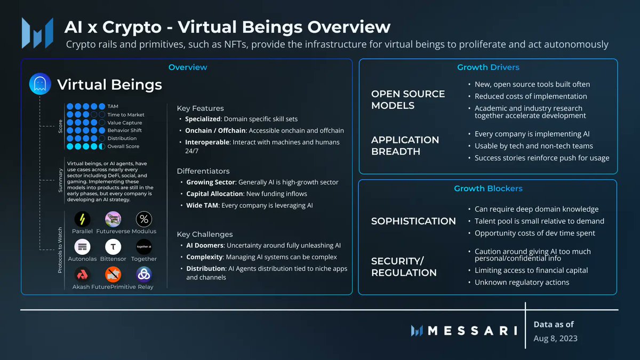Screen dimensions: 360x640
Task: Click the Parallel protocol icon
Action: pyautogui.click(x=82, y=219)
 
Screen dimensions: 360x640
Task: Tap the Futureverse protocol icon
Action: pyautogui.click(x=113, y=219)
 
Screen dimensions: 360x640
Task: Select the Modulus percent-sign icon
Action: pyautogui.click(x=144, y=219)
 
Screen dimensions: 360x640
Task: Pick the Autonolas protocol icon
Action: pyautogui.click(x=82, y=247)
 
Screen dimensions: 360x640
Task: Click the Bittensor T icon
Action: pyautogui.click(x=113, y=247)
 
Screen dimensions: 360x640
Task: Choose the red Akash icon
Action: pyautogui.click(x=82, y=275)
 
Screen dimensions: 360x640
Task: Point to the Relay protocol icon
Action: pyautogui.click(x=144, y=275)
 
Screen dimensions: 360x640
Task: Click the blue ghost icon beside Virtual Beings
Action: pyautogui.click(x=40, y=85)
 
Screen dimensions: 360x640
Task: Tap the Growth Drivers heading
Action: pyautogui.click(x=488, y=67)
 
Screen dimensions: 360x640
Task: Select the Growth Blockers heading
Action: pyautogui.click(x=488, y=188)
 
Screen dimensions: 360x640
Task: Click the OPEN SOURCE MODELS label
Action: pyautogui.click(x=408, y=100)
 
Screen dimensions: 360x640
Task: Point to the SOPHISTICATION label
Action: pyautogui.click(x=413, y=221)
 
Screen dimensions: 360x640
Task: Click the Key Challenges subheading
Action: pyautogui.click(x=205, y=234)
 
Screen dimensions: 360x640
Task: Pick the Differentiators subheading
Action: pyautogui.click(x=203, y=171)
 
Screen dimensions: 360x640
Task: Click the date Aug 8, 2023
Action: pyautogui.click(x=555, y=338)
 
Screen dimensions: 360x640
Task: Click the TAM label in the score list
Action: pyautogui.click(x=113, y=107)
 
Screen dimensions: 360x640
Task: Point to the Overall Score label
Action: pyautogui.click(x=123, y=146)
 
